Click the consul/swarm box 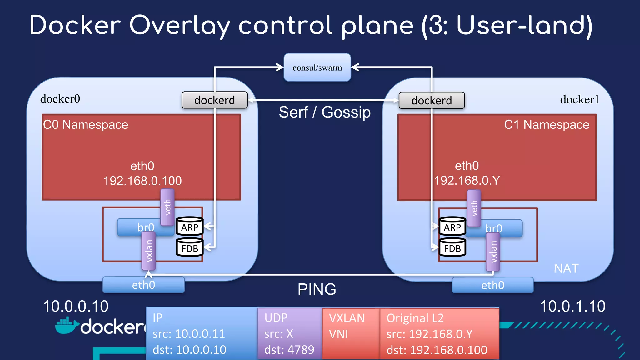point(317,67)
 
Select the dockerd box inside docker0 point(214,100)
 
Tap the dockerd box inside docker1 point(432,100)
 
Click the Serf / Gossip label point(324,112)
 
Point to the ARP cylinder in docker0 point(190,227)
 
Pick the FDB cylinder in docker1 point(452,248)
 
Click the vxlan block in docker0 point(149,251)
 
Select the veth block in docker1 point(474,208)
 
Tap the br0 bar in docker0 point(137,227)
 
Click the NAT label point(566,268)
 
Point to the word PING point(317,289)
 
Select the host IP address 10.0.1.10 point(572,306)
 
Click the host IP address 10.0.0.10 point(76,306)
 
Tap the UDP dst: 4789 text point(289,350)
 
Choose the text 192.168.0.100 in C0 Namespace point(142,181)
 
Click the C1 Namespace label point(547,125)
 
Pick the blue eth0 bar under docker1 point(492,285)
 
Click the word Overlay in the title point(180,26)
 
